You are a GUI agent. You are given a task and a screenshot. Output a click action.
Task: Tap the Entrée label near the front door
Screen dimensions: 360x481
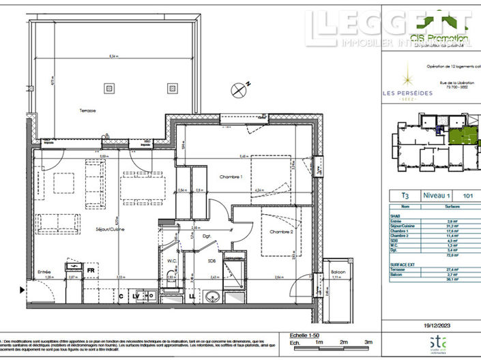(x=44, y=270)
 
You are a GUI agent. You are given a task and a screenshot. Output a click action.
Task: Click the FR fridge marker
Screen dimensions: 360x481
(x=90, y=271)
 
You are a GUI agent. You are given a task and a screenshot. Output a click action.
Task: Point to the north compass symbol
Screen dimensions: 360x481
(x=238, y=88)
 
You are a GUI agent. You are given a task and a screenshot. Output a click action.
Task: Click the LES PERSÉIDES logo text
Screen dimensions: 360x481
(x=407, y=93)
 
